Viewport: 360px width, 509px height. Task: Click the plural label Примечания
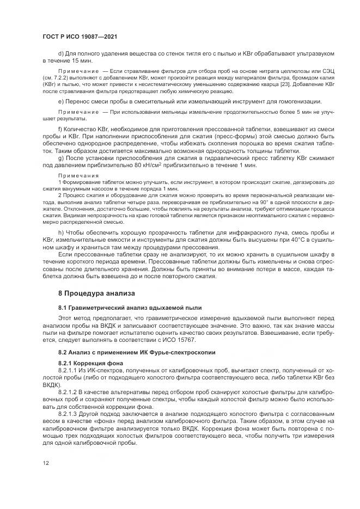click(78, 176)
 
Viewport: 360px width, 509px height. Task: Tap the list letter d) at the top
click(60, 53)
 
